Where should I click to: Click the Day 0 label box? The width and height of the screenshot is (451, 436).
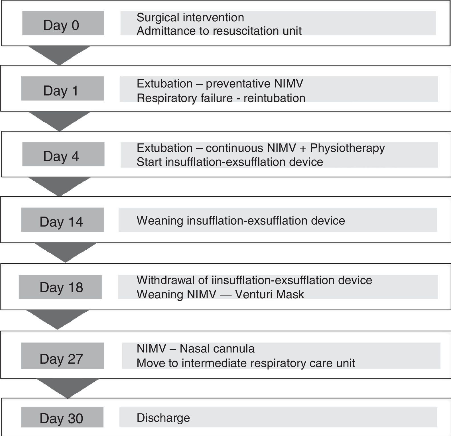coord(63,23)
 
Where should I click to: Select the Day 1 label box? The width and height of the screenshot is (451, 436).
coord(62,88)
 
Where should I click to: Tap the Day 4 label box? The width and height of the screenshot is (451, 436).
coord(63,154)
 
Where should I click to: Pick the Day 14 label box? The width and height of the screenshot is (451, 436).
coord(62,220)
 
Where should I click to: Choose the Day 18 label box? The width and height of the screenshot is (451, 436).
coord(60,287)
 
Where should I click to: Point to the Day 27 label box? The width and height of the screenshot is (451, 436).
coord(62,356)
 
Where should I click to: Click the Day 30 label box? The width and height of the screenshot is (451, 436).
coord(62,417)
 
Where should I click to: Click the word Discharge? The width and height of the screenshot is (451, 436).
coord(163,418)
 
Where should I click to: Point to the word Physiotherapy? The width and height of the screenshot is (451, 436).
coord(347,148)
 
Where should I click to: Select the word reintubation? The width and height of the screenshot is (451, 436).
coord(274,98)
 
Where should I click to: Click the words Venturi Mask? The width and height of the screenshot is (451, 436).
coord(269,294)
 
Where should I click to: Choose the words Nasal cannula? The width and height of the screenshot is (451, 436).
coord(217,349)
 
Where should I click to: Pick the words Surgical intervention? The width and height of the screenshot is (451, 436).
coord(190,17)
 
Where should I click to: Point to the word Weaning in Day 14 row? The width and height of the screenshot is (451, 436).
coord(160,221)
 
